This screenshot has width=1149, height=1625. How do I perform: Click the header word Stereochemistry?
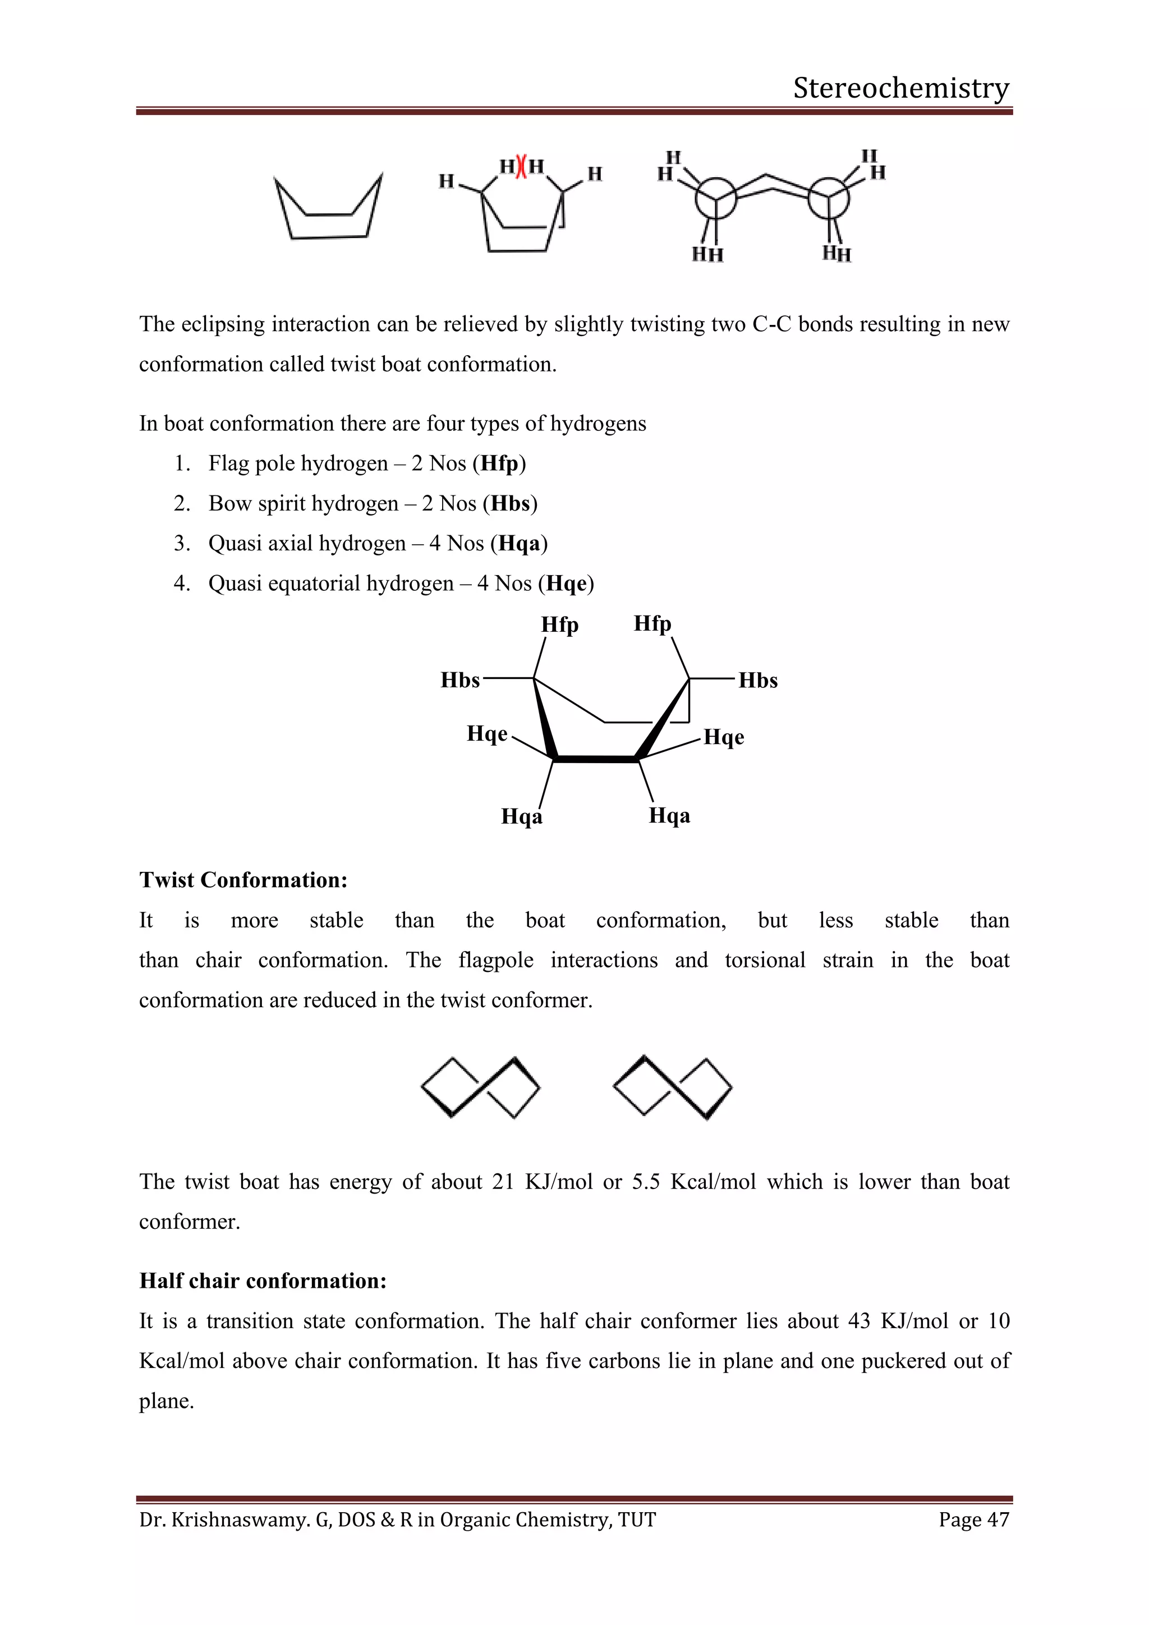pos(900,88)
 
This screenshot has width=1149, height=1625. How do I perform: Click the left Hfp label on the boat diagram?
pos(560,625)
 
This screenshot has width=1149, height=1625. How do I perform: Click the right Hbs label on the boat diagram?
pos(758,681)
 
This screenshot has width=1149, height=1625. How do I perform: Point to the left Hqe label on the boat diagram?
pos(487,734)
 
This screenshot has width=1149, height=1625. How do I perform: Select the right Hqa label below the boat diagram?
pos(669,816)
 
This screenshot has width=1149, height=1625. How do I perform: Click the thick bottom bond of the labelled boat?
pos(596,759)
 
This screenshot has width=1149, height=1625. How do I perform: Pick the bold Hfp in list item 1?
pos(499,463)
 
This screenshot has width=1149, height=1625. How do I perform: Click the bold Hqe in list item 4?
pos(567,584)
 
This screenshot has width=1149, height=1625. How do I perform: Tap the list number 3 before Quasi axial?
pos(181,544)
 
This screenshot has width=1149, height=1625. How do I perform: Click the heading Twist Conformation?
pos(243,880)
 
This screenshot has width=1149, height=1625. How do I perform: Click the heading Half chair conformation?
pos(263,1281)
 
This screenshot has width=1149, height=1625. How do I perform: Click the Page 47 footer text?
pos(973,1520)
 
